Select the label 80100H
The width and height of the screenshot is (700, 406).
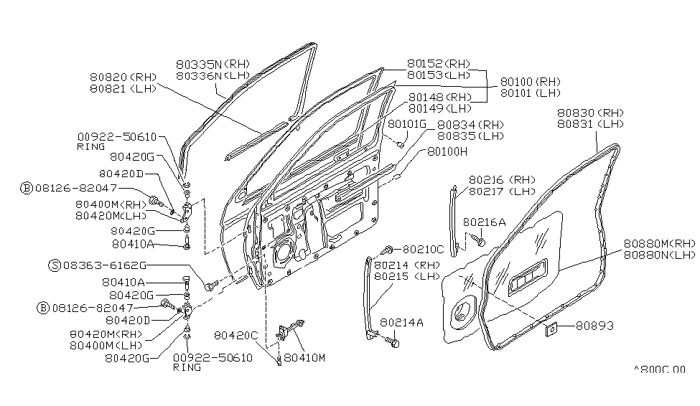(x=447, y=151)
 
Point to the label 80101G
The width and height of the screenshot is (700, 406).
(x=407, y=123)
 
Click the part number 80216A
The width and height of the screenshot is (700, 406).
(x=484, y=222)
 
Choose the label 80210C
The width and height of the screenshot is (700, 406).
(x=423, y=250)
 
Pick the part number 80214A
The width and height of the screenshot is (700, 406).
(x=402, y=323)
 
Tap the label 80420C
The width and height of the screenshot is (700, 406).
(x=235, y=334)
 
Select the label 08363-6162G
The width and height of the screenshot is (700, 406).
(x=98, y=265)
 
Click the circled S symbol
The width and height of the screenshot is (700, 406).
(x=55, y=265)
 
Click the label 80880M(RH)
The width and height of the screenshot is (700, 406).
(x=659, y=243)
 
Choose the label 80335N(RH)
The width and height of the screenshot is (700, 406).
(x=213, y=63)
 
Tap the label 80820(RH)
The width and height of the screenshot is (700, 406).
(x=123, y=76)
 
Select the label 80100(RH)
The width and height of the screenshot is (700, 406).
(x=530, y=82)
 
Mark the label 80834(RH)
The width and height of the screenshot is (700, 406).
(x=470, y=124)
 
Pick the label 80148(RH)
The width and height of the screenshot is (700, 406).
(x=439, y=98)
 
